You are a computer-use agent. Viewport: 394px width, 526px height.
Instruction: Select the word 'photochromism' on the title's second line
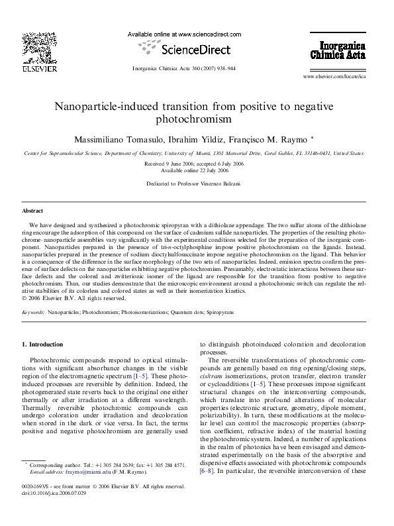pos(197,120)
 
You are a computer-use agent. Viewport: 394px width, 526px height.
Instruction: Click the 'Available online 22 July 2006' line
pos(197,169)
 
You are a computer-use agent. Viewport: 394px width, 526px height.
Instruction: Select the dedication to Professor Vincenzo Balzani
pos(197,183)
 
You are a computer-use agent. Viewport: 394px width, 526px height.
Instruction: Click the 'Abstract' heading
pos(32,210)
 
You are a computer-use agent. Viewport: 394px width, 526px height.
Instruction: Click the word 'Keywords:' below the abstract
pos(33,310)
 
